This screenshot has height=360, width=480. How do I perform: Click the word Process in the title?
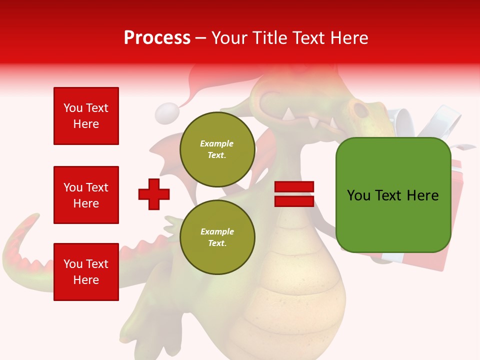[157, 38]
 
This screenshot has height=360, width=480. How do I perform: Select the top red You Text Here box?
[86, 116]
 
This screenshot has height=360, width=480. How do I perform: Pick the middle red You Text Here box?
[86, 195]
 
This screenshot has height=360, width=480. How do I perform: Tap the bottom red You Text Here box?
[86, 271]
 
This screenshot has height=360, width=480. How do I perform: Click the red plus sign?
[154, 194]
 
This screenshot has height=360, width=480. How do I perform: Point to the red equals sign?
[294, 194]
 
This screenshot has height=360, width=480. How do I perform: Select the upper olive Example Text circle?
[217, 149]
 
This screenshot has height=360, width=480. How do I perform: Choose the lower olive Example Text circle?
[217, 237]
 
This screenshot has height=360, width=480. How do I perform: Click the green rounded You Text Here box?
[393, 195]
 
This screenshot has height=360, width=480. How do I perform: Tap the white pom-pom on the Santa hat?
[166, 113]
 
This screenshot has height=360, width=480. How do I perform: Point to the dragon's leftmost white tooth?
[288, 114]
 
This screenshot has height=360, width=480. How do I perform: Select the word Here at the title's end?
[348, 38]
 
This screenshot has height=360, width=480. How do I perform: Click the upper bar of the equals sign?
[294, 187]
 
